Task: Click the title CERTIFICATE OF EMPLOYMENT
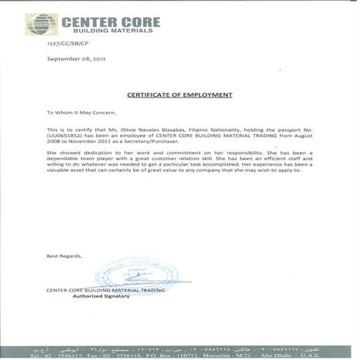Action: point(179,95)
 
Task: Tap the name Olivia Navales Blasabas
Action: point(143,129)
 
